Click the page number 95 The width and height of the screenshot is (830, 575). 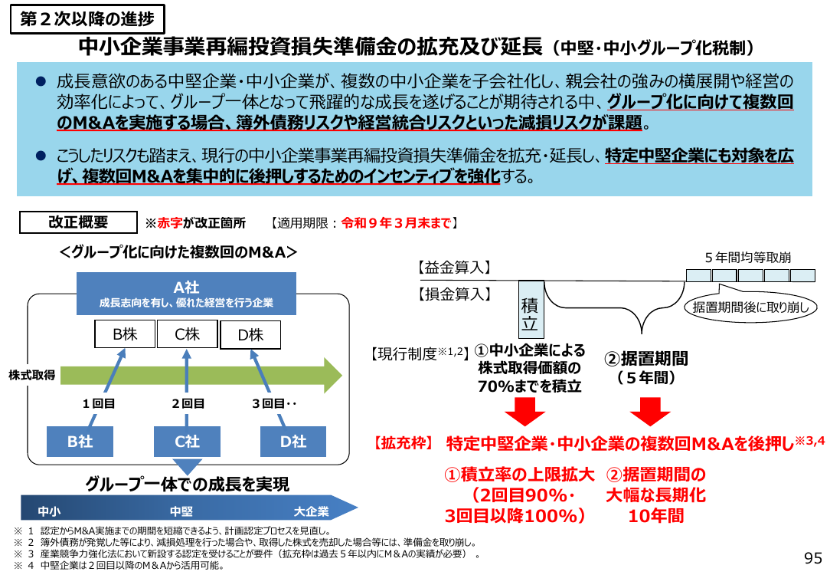pos(813,558)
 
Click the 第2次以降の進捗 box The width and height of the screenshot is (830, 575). pos(87,19)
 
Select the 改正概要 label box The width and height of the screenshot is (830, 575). pos(78,222)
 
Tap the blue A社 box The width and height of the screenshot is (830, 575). pos(186,294)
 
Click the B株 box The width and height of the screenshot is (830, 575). pos(125,333)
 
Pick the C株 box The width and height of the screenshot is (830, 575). pos(188,333)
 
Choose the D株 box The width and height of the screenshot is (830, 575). pos(250,335)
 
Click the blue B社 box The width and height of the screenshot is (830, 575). pos(80,442)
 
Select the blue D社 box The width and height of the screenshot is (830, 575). pos(293,442)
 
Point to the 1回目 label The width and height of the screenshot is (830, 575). pos(99,404)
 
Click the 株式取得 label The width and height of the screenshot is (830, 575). pos(31,375)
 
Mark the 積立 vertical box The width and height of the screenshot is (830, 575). pos(531,310)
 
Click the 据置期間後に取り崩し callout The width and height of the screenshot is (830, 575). pos(750,307)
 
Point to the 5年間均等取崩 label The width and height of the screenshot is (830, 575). pos(748,258)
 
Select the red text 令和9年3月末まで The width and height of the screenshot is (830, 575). pos(397,223)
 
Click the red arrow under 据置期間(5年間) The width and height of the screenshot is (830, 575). pos(650,411)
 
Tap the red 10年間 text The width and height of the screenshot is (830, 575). pos(656,516)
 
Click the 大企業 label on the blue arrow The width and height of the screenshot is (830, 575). pos(311,511)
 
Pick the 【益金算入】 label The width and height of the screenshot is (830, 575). pos(454,268)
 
